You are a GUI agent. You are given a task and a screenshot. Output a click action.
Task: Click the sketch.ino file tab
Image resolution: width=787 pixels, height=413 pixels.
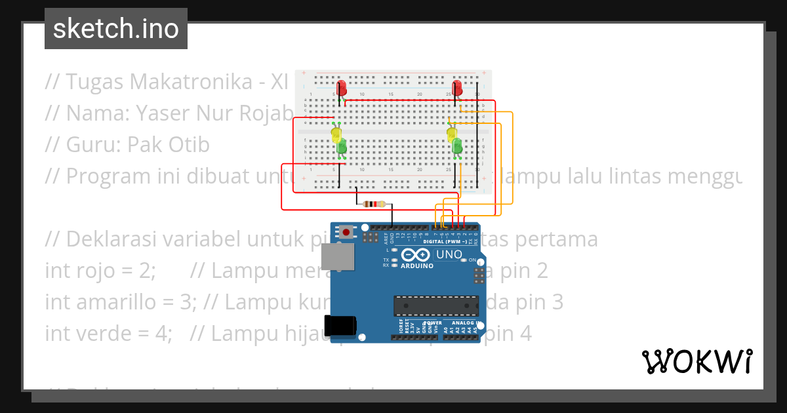[x=116, y=29]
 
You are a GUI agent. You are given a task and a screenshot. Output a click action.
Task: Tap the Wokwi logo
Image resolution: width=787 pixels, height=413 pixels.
[x=696, y=361]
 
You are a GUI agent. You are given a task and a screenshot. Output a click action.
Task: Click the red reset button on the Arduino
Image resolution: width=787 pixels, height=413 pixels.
[x=346, y=231]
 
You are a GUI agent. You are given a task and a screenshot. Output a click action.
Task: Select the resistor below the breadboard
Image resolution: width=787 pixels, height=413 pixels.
[x=374, y=204]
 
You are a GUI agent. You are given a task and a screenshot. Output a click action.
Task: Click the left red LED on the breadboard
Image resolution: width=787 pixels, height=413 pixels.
[x=342, y=88]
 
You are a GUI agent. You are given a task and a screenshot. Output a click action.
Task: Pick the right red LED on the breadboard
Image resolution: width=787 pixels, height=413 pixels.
[x=458, y=87]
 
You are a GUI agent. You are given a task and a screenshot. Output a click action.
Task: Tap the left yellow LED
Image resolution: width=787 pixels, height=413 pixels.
[x=336, y=135]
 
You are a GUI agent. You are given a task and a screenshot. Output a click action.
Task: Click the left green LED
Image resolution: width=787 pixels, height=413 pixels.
[x=342, y=147]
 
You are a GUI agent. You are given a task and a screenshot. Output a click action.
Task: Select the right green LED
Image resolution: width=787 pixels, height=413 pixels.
[x=457, y=146]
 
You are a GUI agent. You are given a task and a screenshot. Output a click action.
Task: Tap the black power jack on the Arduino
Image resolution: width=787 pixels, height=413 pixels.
[x=340, y=326]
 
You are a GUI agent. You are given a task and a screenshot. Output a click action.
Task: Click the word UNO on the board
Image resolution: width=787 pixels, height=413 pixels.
[x=449, y=254]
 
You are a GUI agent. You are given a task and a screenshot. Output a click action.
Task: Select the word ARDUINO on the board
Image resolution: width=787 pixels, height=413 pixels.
[x=417, y=265]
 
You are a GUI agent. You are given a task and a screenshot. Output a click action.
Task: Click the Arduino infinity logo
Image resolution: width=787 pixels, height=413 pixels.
[x=417, y=254]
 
